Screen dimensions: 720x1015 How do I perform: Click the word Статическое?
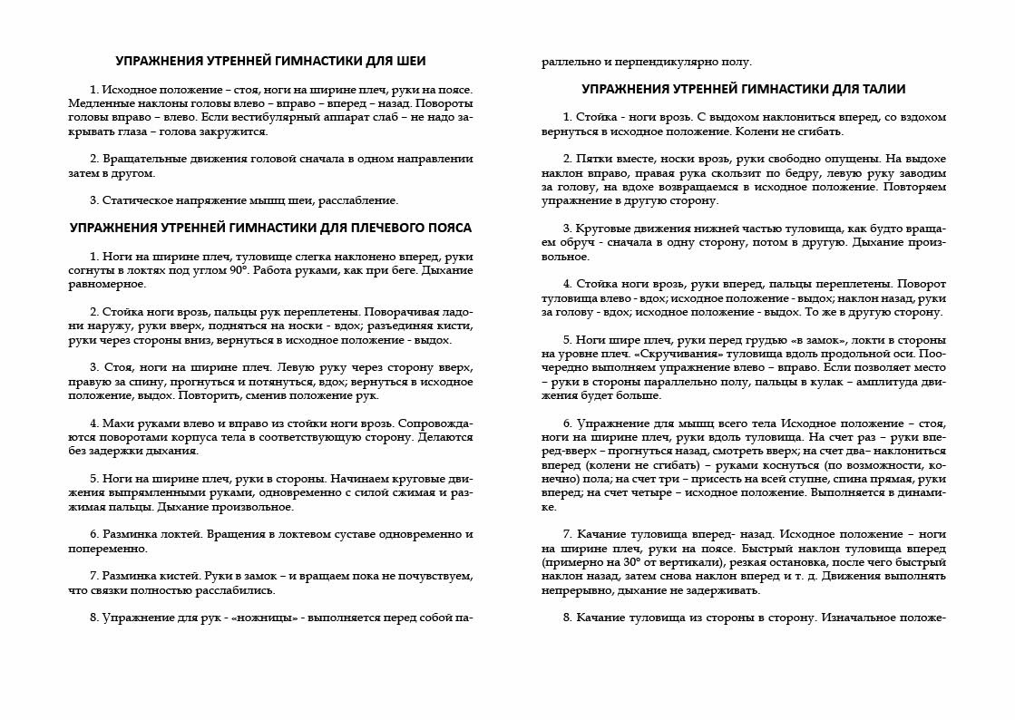coord(136,200)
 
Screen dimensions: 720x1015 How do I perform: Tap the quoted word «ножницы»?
coord(274,618)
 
